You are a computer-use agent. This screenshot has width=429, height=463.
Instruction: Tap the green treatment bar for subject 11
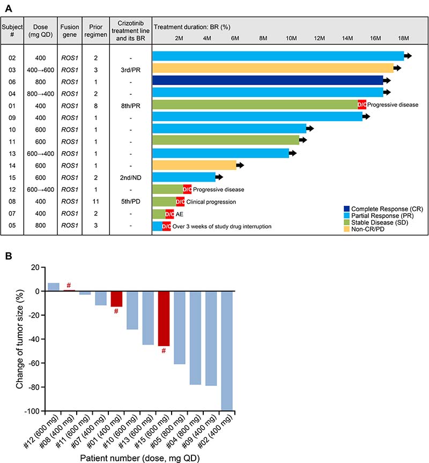[226, 140]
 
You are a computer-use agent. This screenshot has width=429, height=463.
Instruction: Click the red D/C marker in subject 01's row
[361, 104]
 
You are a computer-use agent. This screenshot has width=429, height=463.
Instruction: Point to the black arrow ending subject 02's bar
[408, 56]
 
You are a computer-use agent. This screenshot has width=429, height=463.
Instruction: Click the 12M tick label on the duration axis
[319, 39]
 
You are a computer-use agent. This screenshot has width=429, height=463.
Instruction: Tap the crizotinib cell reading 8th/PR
[131, 104]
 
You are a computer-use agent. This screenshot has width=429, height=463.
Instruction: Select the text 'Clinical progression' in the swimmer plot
[211, 202]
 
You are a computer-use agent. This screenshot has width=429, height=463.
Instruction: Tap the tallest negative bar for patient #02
[226, 351]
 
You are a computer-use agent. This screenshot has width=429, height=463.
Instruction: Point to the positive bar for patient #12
[54, 287]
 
